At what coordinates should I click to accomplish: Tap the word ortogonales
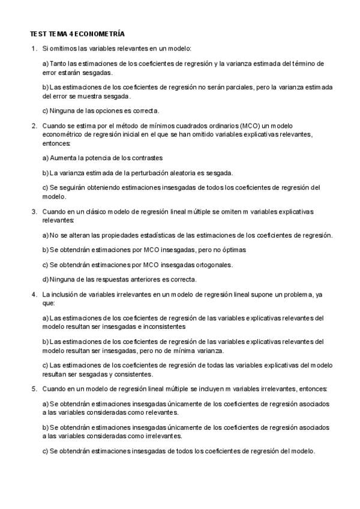pyautogui.click(x=213, y=264)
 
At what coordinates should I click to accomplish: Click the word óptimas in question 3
pyautogui.click(x=235, y=248)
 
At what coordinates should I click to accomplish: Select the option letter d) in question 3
pyautogui.click(x=46, y=279)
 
